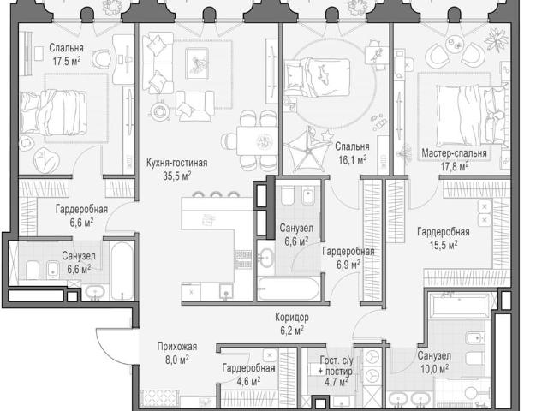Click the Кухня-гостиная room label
point(176,163)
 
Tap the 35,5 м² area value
point(177,176)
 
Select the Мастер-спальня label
point(454,153)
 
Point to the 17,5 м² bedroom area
point(67,61)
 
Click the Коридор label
point(292,318)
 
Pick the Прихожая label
point(177,346)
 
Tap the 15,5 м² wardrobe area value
point(444,245)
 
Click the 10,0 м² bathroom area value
point(434,369)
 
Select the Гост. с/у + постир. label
point(337,366)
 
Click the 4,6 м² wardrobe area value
point(248,381)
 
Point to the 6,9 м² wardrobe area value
point(348,265)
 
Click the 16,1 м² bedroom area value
point(352,160)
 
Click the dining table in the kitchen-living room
point(257,140)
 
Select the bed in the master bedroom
point(472,115)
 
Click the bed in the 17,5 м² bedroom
point(53,113)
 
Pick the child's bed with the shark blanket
point(317,77)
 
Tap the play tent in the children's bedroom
point(307,150)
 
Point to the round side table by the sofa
point(159,111)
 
